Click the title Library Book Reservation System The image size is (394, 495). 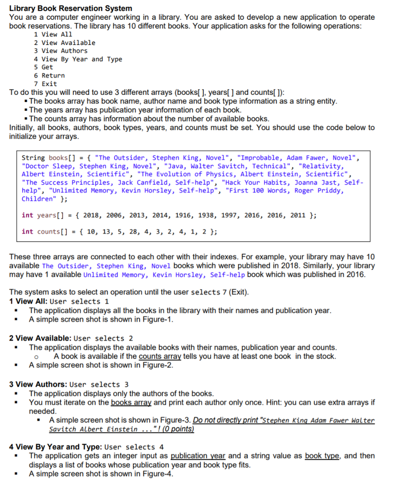pos(70,9)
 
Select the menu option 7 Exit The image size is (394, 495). pos(45,84)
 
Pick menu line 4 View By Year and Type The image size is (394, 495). pos(78,59)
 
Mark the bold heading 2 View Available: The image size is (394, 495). pos(41,338)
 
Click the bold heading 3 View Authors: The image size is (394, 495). pos(38,384)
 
